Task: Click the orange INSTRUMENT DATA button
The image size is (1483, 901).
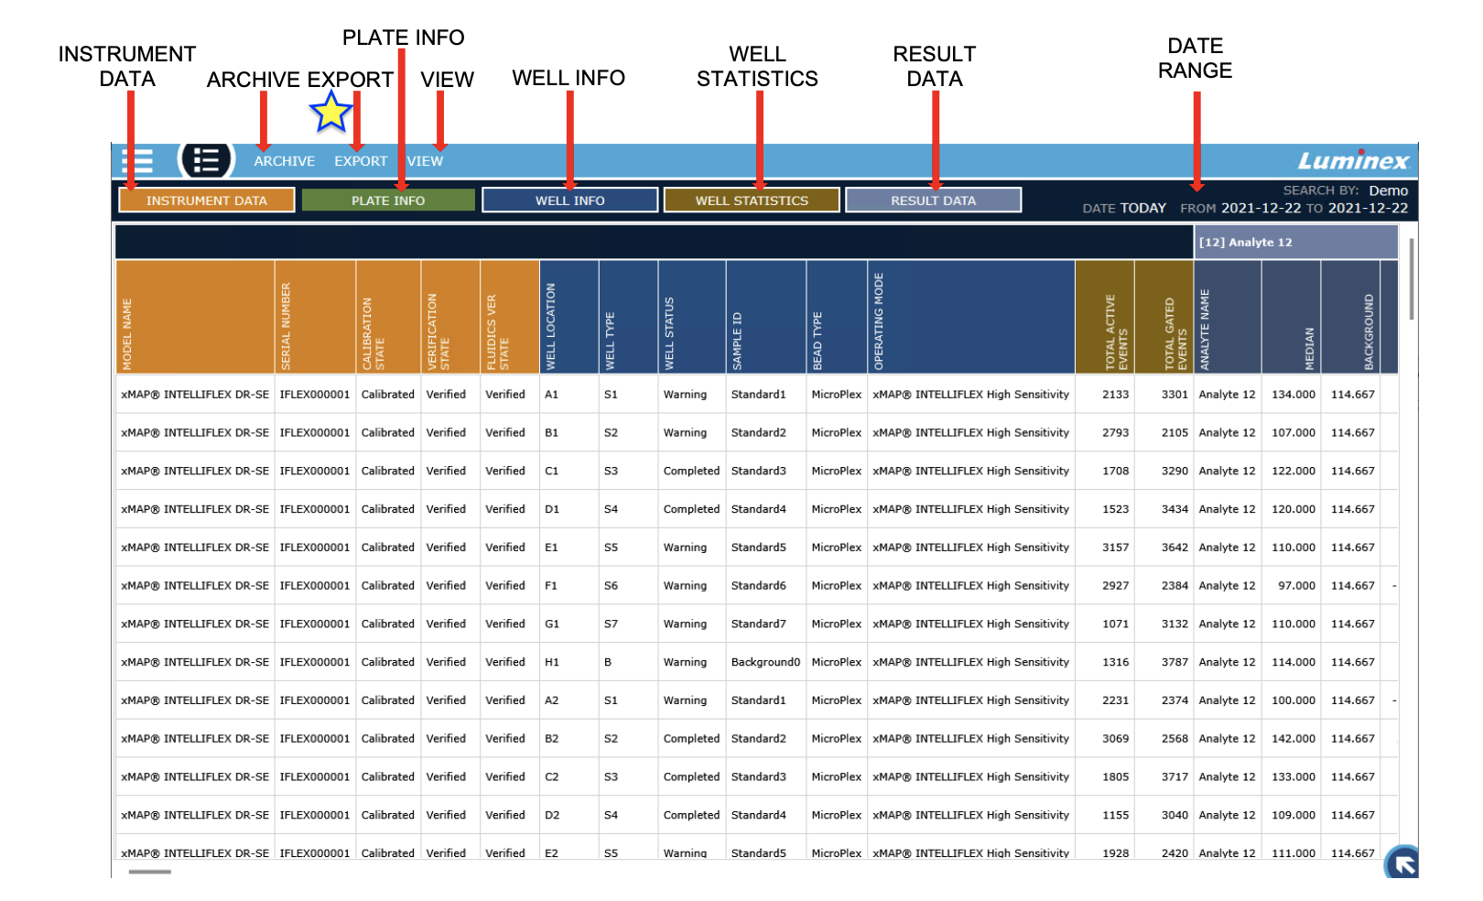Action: (x=207, y=201)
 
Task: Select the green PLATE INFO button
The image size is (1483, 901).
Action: (x=388, y=201)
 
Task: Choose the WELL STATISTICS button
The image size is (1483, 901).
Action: (x=752, y=201)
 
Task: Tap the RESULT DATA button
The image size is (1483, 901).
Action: (x=933, y=201)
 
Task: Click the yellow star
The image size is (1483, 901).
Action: (x=330, y=113)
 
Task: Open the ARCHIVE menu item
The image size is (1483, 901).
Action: (x=284, y=161)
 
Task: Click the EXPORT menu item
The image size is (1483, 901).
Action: (x=361, y=161)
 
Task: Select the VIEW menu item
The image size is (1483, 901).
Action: (x=426, y=161)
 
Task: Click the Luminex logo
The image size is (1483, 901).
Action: (x=1353, y=161)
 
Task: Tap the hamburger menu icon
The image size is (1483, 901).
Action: (x=137, y=161)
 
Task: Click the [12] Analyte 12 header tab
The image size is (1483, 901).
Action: (x=1296, y=243)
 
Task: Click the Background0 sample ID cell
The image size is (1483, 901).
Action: (x=765, y=662)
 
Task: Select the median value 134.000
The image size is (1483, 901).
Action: (x=1293, y=395)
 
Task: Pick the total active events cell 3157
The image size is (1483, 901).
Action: (x=1115, y=548)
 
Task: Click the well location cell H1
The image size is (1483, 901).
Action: (x=552, y=662)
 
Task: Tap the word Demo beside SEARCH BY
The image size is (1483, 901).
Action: (x=1388, y=190)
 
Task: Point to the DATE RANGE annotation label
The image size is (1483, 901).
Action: (x=1195, y=59)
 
